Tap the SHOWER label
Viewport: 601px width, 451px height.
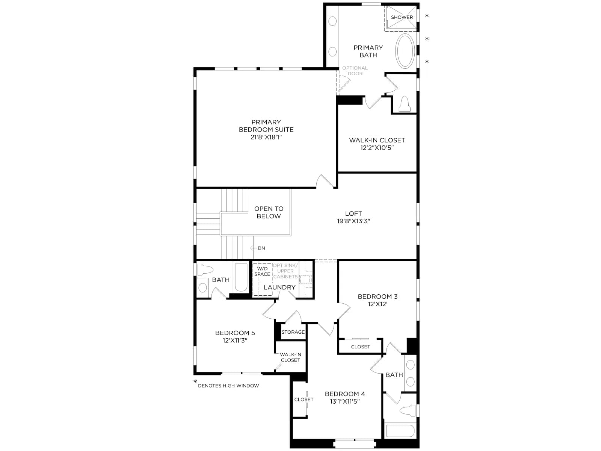[402, 17]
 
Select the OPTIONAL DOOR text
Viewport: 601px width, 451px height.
[355, 71]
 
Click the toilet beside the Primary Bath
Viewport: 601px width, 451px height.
[405, 104]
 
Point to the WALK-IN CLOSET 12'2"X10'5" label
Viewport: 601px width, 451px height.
[377, 144]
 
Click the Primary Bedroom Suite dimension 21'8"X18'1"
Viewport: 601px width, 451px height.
[266, 137]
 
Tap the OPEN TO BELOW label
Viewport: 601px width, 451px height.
[269, 212]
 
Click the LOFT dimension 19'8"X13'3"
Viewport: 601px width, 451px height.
[353, 221]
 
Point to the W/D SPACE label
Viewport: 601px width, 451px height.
[262, 271]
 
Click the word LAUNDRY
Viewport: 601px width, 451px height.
[279, 287]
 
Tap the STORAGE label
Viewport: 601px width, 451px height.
[293, 332]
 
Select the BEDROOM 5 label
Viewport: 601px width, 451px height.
[235, 333]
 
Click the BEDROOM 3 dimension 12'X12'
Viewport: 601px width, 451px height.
[377, 304]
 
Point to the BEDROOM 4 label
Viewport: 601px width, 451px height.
[345, 394]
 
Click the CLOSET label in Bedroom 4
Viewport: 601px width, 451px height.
[304, 400]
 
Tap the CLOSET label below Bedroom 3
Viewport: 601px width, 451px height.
[360, 347]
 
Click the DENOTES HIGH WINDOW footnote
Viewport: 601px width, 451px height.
[228, 386]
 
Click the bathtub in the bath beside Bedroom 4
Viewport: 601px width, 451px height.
[400, 431]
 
